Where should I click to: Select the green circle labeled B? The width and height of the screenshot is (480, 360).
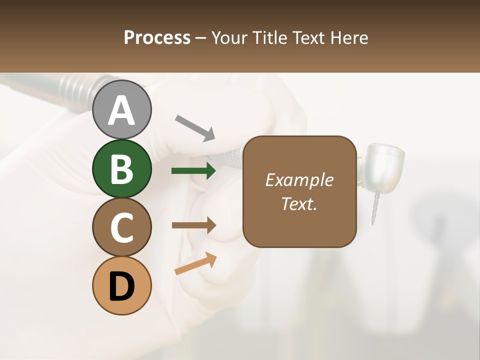122,168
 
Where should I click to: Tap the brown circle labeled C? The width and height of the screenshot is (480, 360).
122,227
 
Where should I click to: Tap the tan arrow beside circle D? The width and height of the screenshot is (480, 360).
195,264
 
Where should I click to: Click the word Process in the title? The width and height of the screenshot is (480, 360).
157,38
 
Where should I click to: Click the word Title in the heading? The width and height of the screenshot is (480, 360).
270,38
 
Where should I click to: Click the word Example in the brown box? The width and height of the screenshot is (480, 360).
299,180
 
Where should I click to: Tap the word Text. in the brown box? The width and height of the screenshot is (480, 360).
299,203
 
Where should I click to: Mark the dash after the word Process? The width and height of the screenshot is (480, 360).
201,38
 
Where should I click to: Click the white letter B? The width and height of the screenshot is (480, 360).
122,168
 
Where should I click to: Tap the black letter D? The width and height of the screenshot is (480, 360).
122,286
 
